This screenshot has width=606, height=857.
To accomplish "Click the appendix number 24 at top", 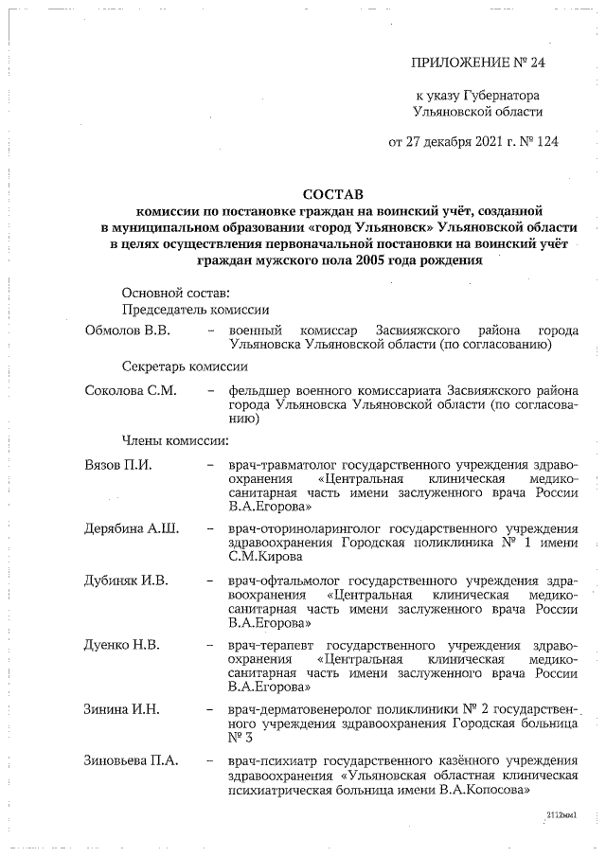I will [x=535, y=63].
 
